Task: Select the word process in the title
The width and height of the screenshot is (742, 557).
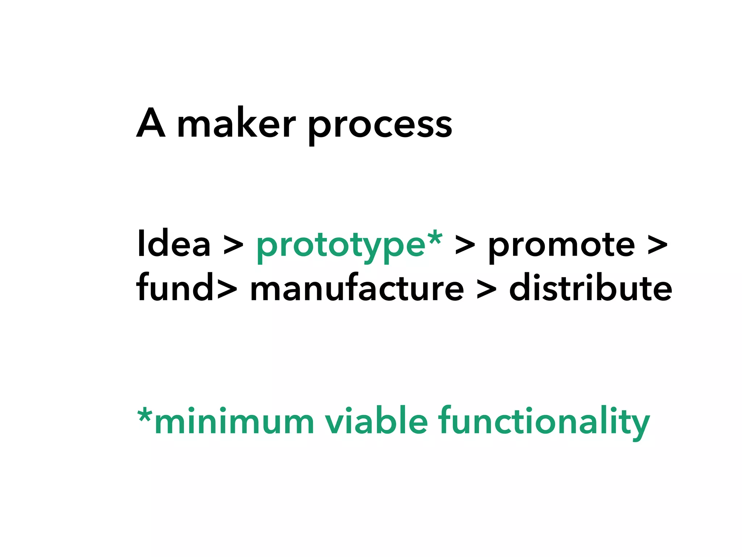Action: pyautogui.click(x=380, y=125)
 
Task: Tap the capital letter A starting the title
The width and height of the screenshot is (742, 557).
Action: pyautogui.click(x=151, y=123)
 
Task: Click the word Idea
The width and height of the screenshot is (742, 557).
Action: pyautogui.click(x=174, y=244)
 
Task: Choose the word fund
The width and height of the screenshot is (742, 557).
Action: pyautogui.click(x=175, y=287)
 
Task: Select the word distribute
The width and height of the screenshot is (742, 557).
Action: pyautogui.click(x=591, y=287)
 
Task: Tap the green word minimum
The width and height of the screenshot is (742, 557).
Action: pyautogui.click(x=234, y=421)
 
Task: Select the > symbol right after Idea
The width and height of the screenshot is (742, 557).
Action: pyautogui.click(x=233, y=246)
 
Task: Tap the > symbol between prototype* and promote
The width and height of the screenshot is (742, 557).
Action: pyautogui.click(x=465, y=246)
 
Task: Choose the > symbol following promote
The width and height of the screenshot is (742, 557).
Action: pyautogui.click(x=657, y=246)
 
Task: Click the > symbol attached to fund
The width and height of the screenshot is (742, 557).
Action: pyautogui.click(x=227, y=289)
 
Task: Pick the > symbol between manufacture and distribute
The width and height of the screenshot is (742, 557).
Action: pyautogui.click(x=487, y=289)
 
